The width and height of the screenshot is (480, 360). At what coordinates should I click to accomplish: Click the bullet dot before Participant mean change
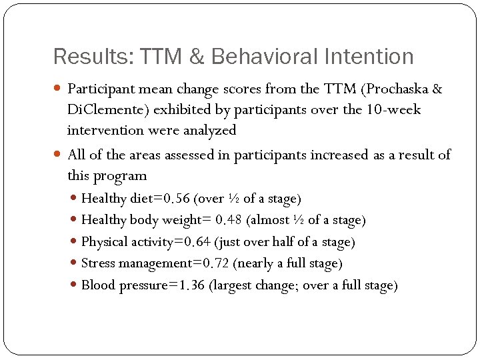click(x=59, y=89)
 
